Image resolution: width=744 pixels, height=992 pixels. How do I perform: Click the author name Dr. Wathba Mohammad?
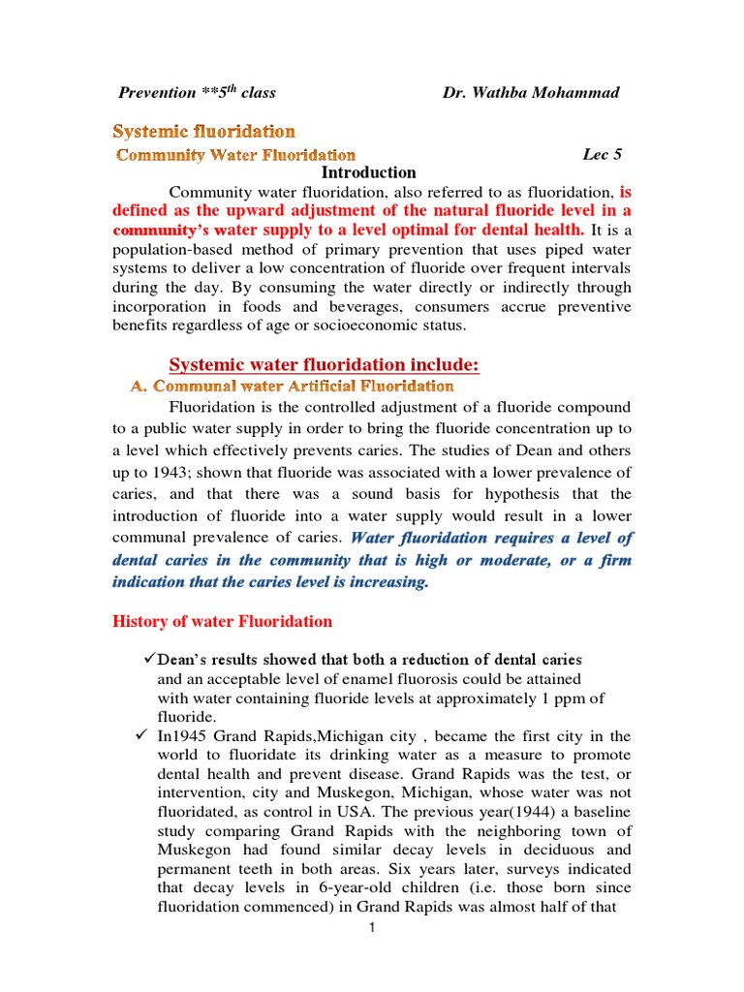(x=531, y=92)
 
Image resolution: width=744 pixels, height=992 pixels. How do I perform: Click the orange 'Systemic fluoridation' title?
(x=204, y=130)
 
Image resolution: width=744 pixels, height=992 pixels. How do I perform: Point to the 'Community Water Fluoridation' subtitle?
(x=236, y=154)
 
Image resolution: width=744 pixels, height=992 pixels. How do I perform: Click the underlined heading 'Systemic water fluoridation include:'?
(x=325, y=364)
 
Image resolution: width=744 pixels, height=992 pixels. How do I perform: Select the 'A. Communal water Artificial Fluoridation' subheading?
(x=292, y=386)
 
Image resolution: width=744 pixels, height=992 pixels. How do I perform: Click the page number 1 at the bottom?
(x=371, y=928)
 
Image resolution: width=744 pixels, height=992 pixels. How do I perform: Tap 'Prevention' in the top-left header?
(x=157, y=93)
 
